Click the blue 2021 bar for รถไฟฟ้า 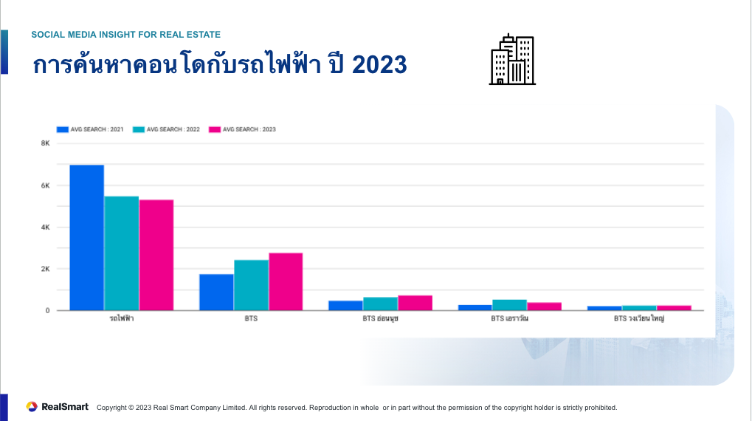coord(86,237)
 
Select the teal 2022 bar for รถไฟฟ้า coord(121,253)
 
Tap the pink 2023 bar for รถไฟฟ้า coord(156,255)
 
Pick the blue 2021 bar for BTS coord(216,292)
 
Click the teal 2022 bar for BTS coord(251,285)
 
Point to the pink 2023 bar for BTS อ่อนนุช coord(415,303)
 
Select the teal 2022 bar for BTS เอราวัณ coord(509,305)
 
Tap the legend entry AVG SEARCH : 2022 coord(166,129)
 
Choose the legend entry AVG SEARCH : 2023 coord(243,129)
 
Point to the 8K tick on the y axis coord(45,143)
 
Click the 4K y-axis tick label coord(45,227)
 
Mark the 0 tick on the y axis coord(47,311)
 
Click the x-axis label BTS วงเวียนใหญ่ coord(639,320)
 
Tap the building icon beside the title coord(512,59)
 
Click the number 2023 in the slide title coord(379,65)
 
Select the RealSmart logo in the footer coord(58,407)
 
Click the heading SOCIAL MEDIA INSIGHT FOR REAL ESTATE coord(125,35)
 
